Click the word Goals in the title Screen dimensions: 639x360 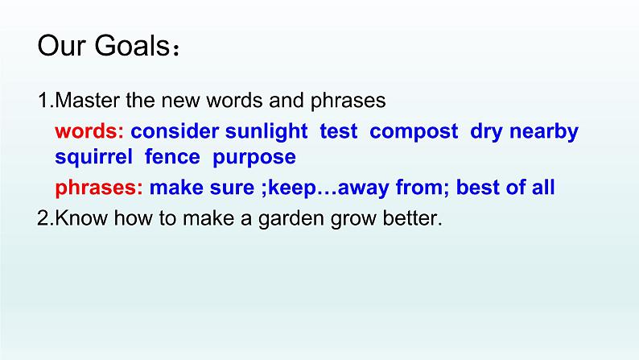coord(132,45)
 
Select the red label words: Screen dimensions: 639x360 coord(89,131)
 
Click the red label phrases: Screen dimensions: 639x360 coord(99,188)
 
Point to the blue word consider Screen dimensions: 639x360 coord(175,131)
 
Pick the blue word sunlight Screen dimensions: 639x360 coord(266,132)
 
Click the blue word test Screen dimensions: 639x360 coord(339,132)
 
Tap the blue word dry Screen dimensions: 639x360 coord(487,132)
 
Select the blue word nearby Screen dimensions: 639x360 coord(544,132)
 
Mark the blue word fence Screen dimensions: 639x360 coord(172,157)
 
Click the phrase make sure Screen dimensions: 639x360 coord(202,188)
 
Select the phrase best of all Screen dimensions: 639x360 coord(505,188)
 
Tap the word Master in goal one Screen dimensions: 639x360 coord(88,101)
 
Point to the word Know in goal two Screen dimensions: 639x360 coord(81,218)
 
